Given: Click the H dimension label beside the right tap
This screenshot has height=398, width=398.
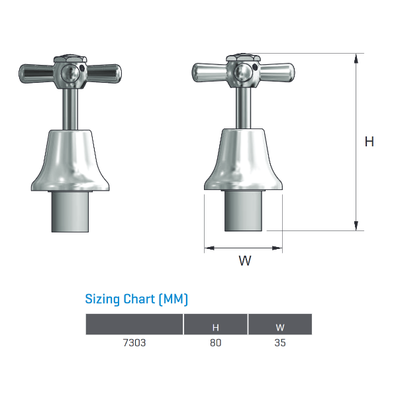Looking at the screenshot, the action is (370, 142).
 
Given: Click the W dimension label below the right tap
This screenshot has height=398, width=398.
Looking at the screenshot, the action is (245, 260).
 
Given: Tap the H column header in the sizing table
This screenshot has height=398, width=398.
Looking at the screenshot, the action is (215, 328).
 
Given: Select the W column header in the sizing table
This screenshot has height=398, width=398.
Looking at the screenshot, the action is (280, 328).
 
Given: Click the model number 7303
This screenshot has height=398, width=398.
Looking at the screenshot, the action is (134, 342).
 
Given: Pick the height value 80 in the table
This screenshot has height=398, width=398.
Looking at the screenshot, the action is (215, 342).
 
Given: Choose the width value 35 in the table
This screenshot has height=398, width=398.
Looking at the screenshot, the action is (280, 342).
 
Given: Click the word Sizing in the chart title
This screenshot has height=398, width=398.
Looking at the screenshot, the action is (102, 299).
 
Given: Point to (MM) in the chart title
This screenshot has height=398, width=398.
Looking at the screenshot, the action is (174, 299).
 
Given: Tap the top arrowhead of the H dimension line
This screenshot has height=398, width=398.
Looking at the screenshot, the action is (356, 58).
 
